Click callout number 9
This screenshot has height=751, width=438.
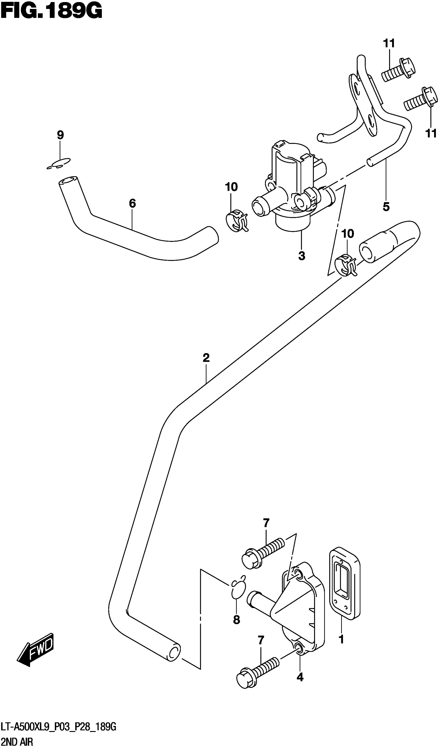[x=60, y=135]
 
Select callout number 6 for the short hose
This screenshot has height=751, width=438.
[x=132, y=203]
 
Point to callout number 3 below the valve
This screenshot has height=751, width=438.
[x=301, y=255]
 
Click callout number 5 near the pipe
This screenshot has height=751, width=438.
[x=386, y=207]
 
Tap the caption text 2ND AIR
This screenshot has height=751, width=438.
[x=17, y=741]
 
